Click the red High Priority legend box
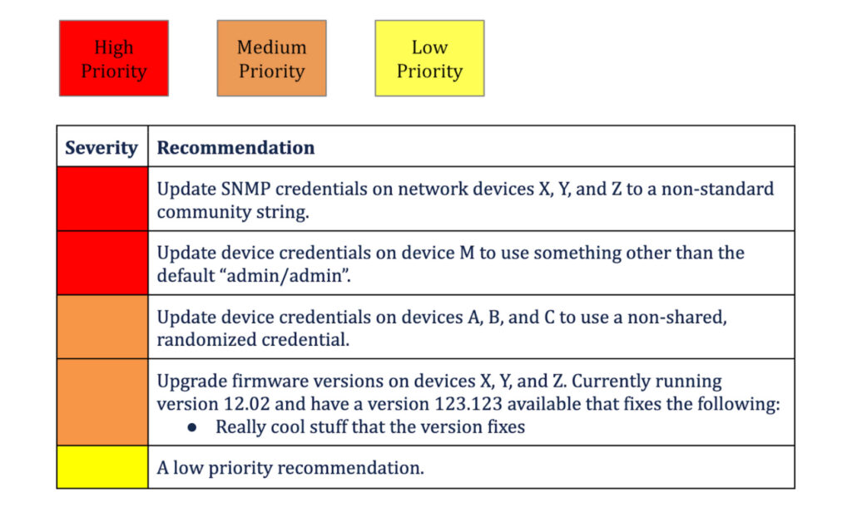click(x=113, y=58)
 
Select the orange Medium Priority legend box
click(x=271, y=58)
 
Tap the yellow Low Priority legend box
click(x=429, y=58)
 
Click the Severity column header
click(x=102, y=148)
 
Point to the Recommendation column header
click(x=235, y=148)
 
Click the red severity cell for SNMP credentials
click(x=102, y=199)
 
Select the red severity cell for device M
click(x=102, y=263)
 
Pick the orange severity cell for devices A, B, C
click(x=102, y=327)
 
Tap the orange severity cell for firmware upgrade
click(x=102, y=402)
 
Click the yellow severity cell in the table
click(x=102, y=466)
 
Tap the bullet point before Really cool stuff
click(x=192, y=427)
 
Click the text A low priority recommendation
click(x=290, y=468)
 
